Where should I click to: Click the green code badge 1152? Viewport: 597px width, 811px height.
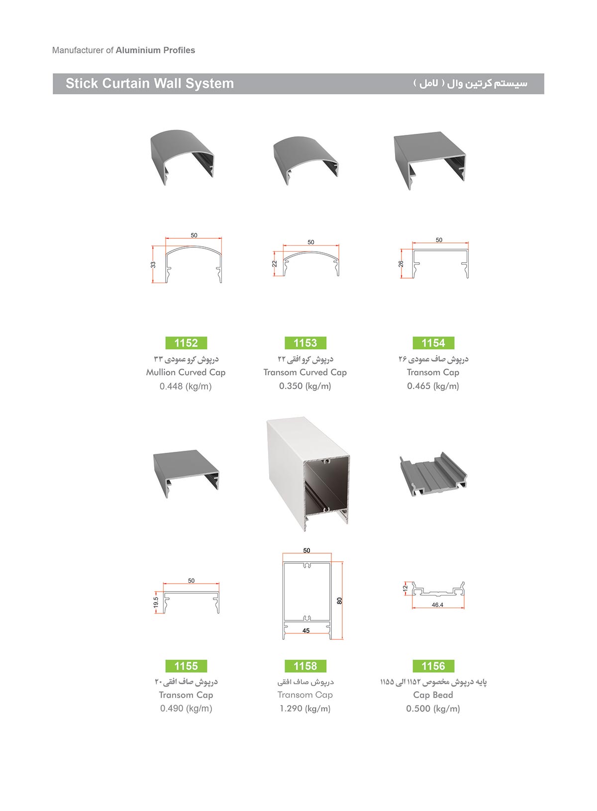coord(186,343)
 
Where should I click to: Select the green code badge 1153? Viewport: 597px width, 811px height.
coord(305,343)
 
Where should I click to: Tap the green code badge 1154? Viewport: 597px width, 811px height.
coord(433,343)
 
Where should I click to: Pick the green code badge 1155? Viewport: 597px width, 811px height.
coord(186,666)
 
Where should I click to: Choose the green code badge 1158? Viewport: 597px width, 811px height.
coord(305,666)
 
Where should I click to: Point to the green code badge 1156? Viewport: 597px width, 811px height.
coord(433,666)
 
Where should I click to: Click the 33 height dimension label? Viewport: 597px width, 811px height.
coord(153,265)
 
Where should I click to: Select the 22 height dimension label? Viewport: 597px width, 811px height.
coord(275,264)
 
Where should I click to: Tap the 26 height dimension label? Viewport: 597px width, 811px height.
coord(401,264)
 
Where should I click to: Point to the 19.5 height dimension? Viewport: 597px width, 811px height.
coord(156,602)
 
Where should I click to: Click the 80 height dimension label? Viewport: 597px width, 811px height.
coord(339,601)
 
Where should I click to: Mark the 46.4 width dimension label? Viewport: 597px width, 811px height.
coord(437,605)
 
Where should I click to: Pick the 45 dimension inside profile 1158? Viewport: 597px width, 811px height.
coord(306,631)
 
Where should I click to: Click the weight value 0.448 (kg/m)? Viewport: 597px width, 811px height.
coord(186,386)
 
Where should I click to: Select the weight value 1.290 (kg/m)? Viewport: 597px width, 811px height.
coord(305,709)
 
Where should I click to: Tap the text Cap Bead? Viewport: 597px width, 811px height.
coord(433,695)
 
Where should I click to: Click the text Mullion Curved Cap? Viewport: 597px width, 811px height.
coord(186,372)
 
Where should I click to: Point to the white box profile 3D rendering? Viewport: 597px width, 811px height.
coord(308,474)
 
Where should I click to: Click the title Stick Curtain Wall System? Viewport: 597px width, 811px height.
coord(150,83)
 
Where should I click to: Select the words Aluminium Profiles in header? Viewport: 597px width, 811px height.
coord(155,50)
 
